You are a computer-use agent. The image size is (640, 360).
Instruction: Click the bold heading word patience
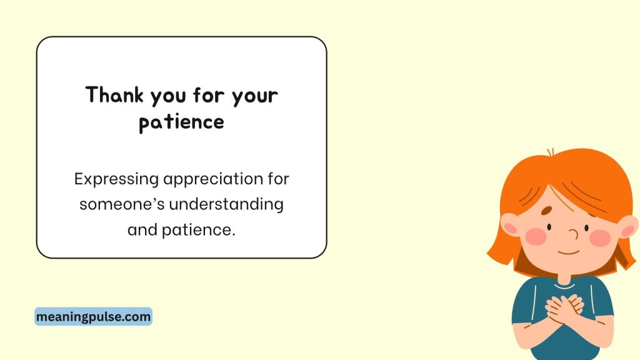point(181,122)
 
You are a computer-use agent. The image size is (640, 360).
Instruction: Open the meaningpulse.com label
point(93,317)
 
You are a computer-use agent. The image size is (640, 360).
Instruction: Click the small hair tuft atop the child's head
point(550,152)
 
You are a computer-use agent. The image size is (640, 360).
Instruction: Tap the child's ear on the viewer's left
point(510,225)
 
